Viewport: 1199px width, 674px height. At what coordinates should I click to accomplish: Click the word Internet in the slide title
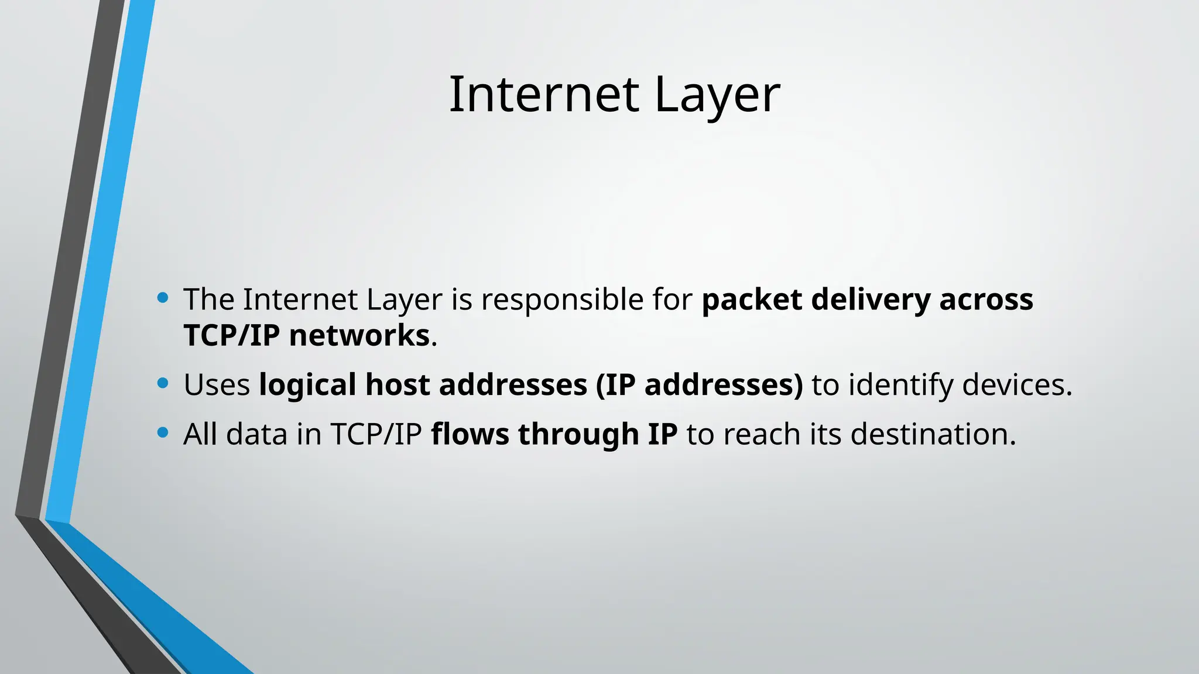(543, 95)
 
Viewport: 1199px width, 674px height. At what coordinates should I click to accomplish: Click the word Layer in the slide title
(717, 95)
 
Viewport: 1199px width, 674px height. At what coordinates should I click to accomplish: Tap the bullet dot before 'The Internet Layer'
(163, 298)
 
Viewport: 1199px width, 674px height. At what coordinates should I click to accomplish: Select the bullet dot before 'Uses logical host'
(163, 384)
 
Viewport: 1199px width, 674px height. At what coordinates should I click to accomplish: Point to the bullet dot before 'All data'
(163, 433)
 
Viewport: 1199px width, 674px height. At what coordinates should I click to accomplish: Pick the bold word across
(986, 300)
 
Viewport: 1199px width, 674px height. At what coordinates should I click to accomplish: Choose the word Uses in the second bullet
(217, 385)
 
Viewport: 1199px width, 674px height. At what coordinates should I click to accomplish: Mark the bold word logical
(307, 385)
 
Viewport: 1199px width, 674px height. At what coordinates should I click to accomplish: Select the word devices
(1016, 385)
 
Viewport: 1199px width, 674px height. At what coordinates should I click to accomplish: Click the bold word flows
(470, 434)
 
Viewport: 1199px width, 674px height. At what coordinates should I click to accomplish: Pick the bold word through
(578, 434)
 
